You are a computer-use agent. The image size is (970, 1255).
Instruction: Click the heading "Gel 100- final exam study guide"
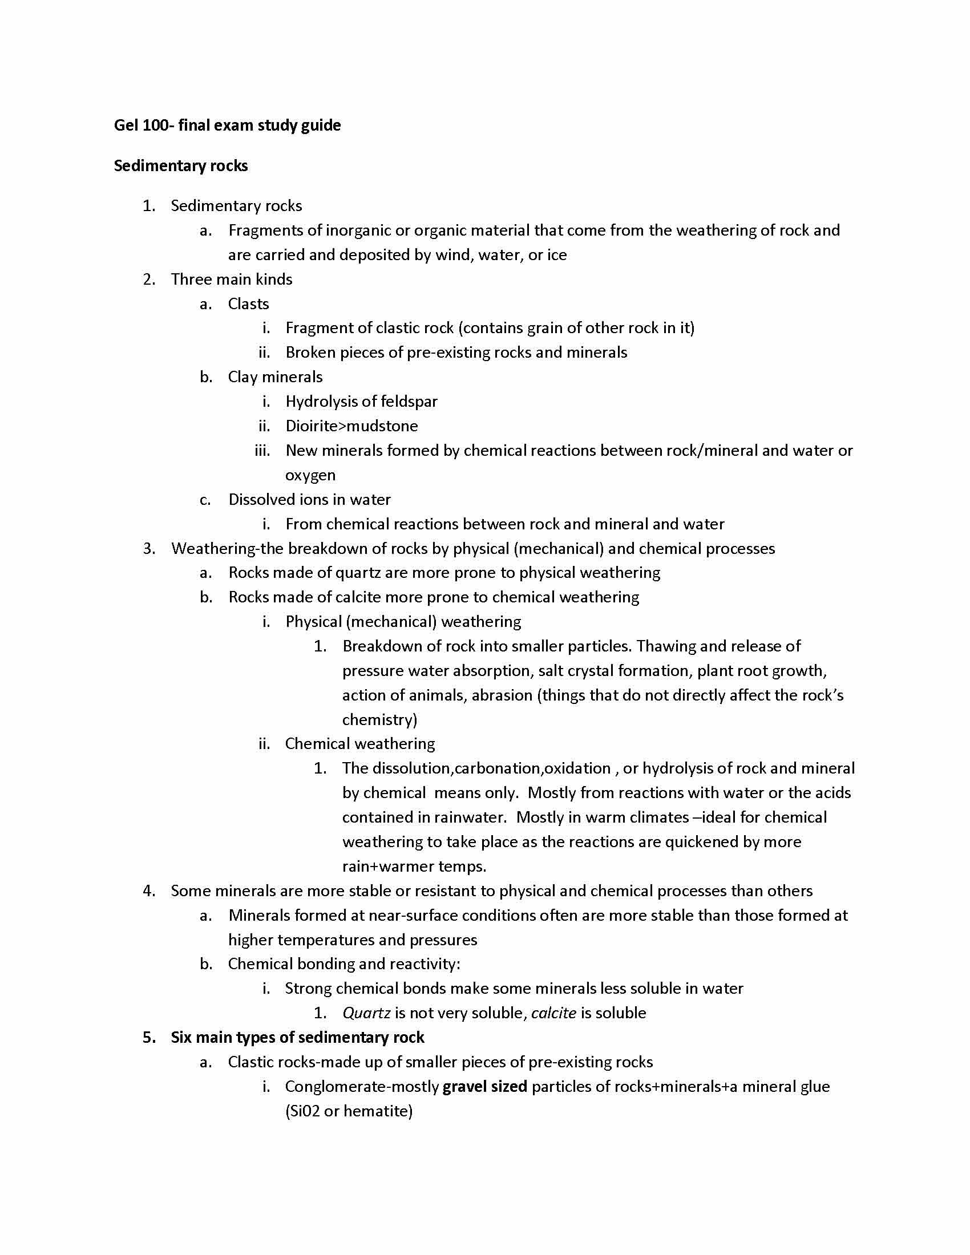(x=227, y=125)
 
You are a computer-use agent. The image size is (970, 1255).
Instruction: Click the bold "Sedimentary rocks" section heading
(x=180, y=166)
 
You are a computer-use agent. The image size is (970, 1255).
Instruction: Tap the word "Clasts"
(x=248, y=304)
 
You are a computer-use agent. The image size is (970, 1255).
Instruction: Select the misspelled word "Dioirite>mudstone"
(x=351, y=426)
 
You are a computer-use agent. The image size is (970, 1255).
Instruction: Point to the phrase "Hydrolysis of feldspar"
(x=361, y=402)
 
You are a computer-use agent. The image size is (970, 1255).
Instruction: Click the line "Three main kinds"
(x=232, y=280)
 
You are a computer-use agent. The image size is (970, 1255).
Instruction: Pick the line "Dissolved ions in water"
(x=309, y=500)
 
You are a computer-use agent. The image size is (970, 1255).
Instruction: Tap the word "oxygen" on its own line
(x=310, y=475)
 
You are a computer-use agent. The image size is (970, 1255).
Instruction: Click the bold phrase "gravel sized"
(x=484, y=1087)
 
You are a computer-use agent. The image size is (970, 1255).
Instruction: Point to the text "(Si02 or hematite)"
(x=349, y=1111)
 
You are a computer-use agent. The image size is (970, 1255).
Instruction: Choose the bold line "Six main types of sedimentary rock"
(x=297, y=1038)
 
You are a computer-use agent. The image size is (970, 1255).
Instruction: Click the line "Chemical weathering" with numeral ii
(x=359, y=744)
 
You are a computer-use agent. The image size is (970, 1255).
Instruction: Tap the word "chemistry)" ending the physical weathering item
(x=379, y=720)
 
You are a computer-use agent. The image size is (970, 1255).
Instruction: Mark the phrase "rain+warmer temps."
(x=414, y=867)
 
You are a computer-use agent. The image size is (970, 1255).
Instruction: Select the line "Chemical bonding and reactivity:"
(x=343, y=964)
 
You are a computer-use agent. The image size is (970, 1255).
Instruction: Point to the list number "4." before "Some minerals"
(x=149, y=891)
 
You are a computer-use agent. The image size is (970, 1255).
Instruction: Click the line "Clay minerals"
(x=274, y=378)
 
